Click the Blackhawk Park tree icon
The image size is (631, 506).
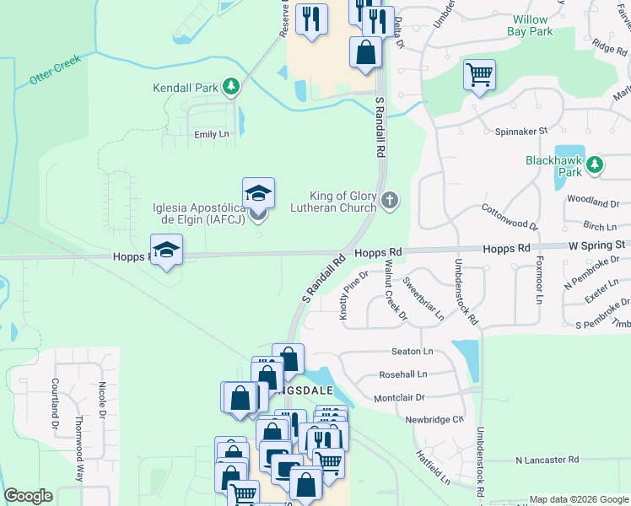click(x=596, y=165)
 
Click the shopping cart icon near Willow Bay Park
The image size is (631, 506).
click(x=479, y=74)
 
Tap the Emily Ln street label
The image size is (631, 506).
click(x=212, y=134)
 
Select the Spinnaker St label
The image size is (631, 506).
click(x=520, y=131)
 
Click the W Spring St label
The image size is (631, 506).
click(x=596, y=245)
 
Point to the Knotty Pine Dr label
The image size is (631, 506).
click(x=354, y=295)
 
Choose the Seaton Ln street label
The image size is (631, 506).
click(x=412, y=351)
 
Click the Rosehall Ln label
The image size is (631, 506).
click(x=404, y=374)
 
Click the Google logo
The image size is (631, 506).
click(x=28, y=496)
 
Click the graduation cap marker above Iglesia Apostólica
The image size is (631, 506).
click(x=258, y=192)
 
